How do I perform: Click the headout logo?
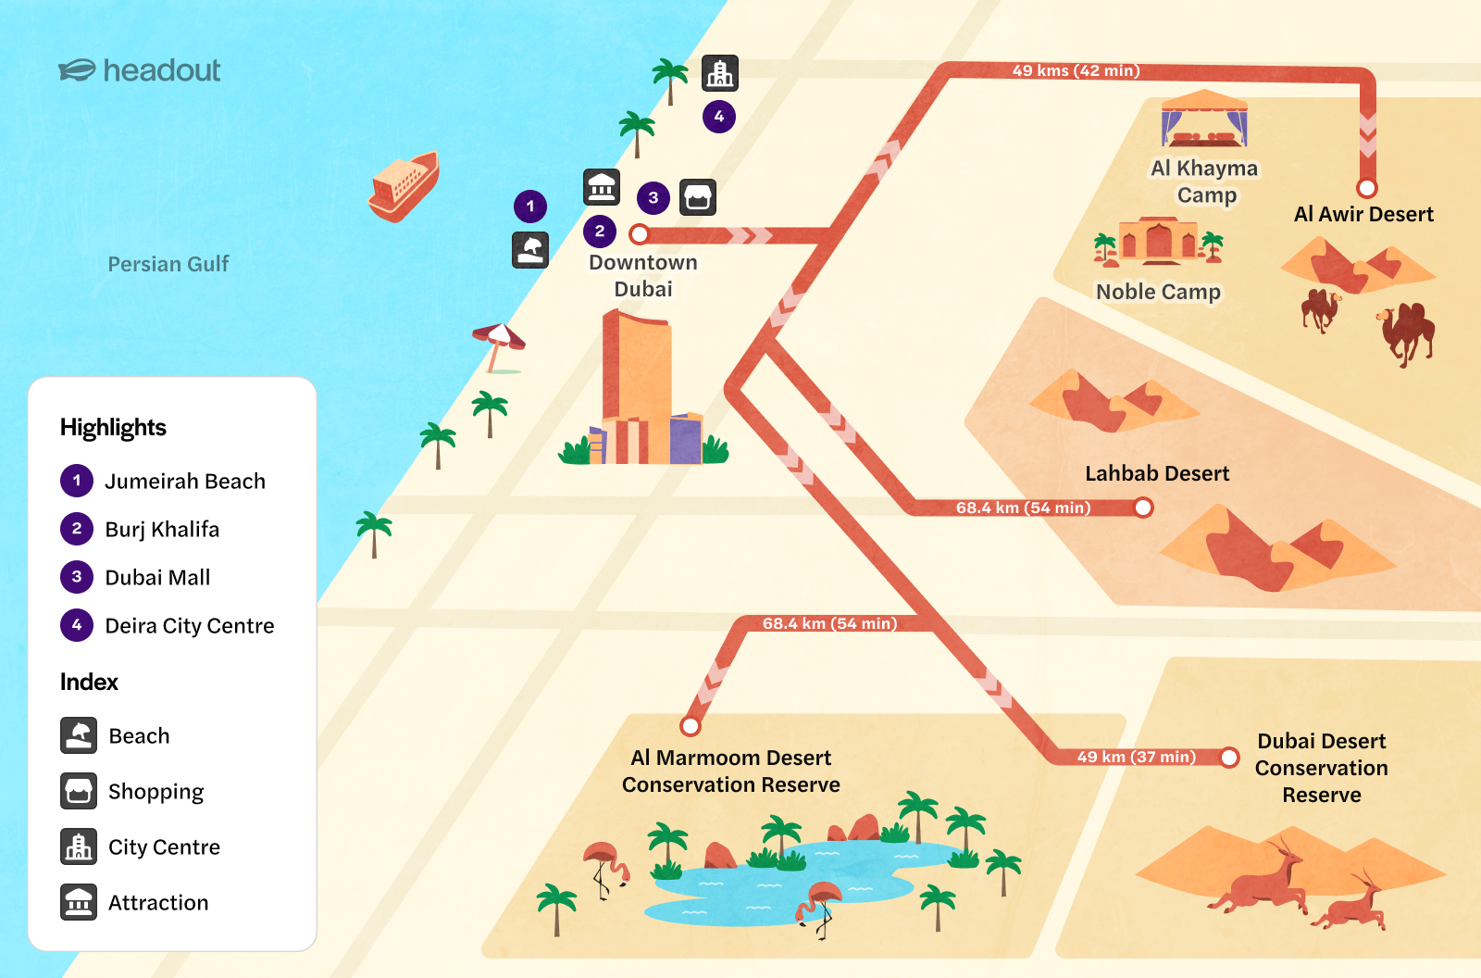coord(140,70)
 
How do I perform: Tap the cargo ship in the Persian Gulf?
coord(404,186)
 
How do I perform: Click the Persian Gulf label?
coord(168,264)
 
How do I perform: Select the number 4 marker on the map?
coord(719,117)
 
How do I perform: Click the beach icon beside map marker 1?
coord(530,250)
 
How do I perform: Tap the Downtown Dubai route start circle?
coord(639,233)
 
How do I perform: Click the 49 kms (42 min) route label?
coord(1076,70)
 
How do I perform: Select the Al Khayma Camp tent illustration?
coord(1204,119)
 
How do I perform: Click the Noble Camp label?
coord(1158,292)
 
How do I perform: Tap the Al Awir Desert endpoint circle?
coord(1367,188)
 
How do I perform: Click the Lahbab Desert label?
coord(1157,473)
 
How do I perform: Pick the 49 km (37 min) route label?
coord(1136,757)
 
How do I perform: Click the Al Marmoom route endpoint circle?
coord(691,725)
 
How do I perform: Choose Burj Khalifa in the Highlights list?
coord(162,529)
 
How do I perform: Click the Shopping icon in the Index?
coord(79,791)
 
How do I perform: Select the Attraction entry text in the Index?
coord(158,902)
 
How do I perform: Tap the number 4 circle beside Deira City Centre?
coord(77,625)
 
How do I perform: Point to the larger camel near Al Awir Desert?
coord(1407,332)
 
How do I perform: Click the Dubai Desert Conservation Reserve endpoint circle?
coord(1229,758)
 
